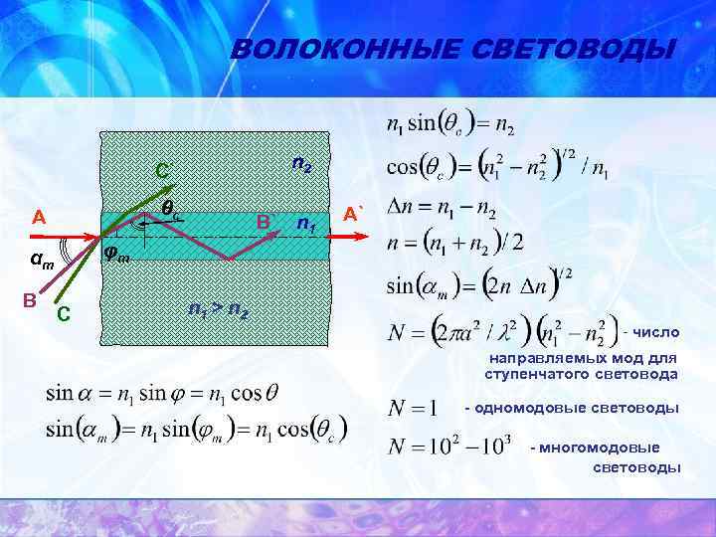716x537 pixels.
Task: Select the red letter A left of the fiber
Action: coord(39,218)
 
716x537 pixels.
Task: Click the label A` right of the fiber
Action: coord(355,213)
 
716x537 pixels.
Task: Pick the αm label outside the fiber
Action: coord(42,263)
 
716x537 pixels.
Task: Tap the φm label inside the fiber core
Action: coord(116,255)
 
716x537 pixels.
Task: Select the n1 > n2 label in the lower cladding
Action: coord(219,309)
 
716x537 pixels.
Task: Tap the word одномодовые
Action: coord(521,409)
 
